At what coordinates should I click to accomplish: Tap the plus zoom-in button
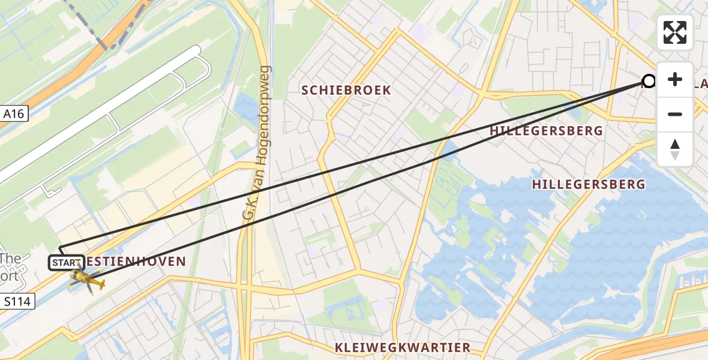[675, 80]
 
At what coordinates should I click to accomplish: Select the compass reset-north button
[675, 149]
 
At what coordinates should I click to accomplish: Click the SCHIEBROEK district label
[346, 91]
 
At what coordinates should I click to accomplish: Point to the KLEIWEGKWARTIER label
[403, 348]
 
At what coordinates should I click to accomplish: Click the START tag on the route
[65, 263]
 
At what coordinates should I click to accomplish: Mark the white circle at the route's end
[649, 81]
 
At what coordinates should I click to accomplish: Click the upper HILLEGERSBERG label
[546, 131]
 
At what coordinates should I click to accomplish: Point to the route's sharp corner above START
[60, 248]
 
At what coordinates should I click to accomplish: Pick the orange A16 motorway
[60, 78]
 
